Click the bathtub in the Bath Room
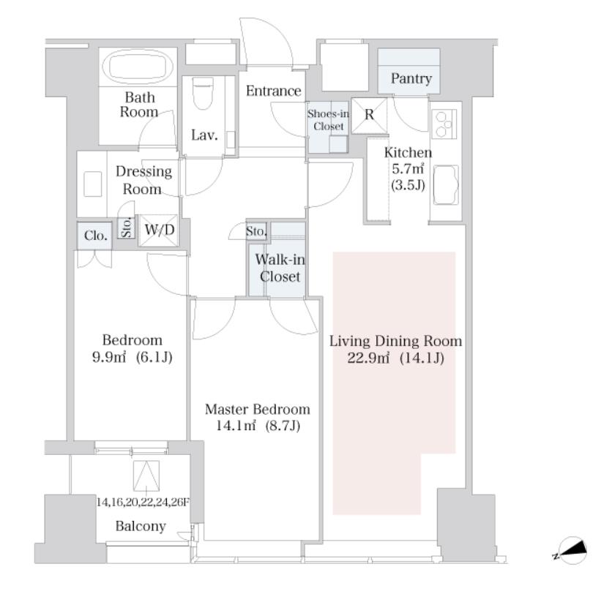coord(141,67)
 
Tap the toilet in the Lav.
coord(203,93)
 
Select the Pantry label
coord(411,78)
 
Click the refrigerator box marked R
coord(369,116)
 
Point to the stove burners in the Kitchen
coord(444,124)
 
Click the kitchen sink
coord(446,185)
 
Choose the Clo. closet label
coord(96,236)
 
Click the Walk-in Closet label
coord(280,268)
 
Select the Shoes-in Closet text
coord(328,120)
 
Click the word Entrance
coord(273,91)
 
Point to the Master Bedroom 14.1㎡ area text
coord(258,418)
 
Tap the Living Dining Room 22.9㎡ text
coord(395,349)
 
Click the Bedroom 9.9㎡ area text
coord(132,348)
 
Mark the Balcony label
coord(141,526)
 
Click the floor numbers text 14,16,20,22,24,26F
coord(143,503)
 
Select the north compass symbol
coord(571,550)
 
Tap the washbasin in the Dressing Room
coord(92,184)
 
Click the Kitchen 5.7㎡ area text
coord(408,168)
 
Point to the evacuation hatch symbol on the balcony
coord(146,475)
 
